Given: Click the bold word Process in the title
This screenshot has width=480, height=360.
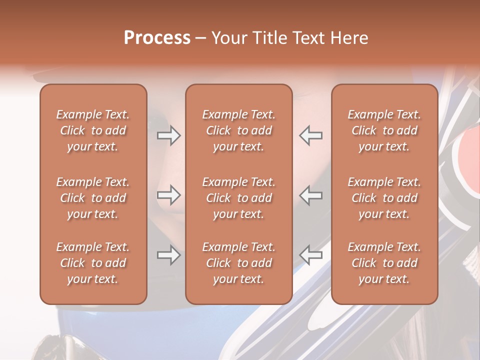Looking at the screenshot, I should click(157, 38).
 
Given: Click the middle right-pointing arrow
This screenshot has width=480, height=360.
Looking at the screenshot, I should click(169, 195).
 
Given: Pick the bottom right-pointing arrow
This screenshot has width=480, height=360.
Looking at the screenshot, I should click(169, 255).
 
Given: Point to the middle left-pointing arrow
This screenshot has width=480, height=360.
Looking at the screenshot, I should click(310, 195).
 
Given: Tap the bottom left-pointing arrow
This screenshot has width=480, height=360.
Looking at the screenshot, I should click(310, 255).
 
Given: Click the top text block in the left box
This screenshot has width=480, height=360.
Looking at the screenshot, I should click(93, 130).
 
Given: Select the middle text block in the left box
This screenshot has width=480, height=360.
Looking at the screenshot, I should click(93, 198).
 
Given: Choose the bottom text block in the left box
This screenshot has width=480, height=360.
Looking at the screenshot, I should click(93, 263).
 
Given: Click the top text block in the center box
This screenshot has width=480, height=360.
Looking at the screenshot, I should click(239, 130).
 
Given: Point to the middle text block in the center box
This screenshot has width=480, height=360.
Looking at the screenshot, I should click(239, 198).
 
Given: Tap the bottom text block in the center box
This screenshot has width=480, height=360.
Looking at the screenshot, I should click(239, 263).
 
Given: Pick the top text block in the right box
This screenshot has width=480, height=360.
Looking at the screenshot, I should click(384, 130).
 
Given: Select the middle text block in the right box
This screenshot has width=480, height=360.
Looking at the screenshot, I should click(384, 198).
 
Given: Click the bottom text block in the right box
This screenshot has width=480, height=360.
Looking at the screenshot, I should click(384, 263).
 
